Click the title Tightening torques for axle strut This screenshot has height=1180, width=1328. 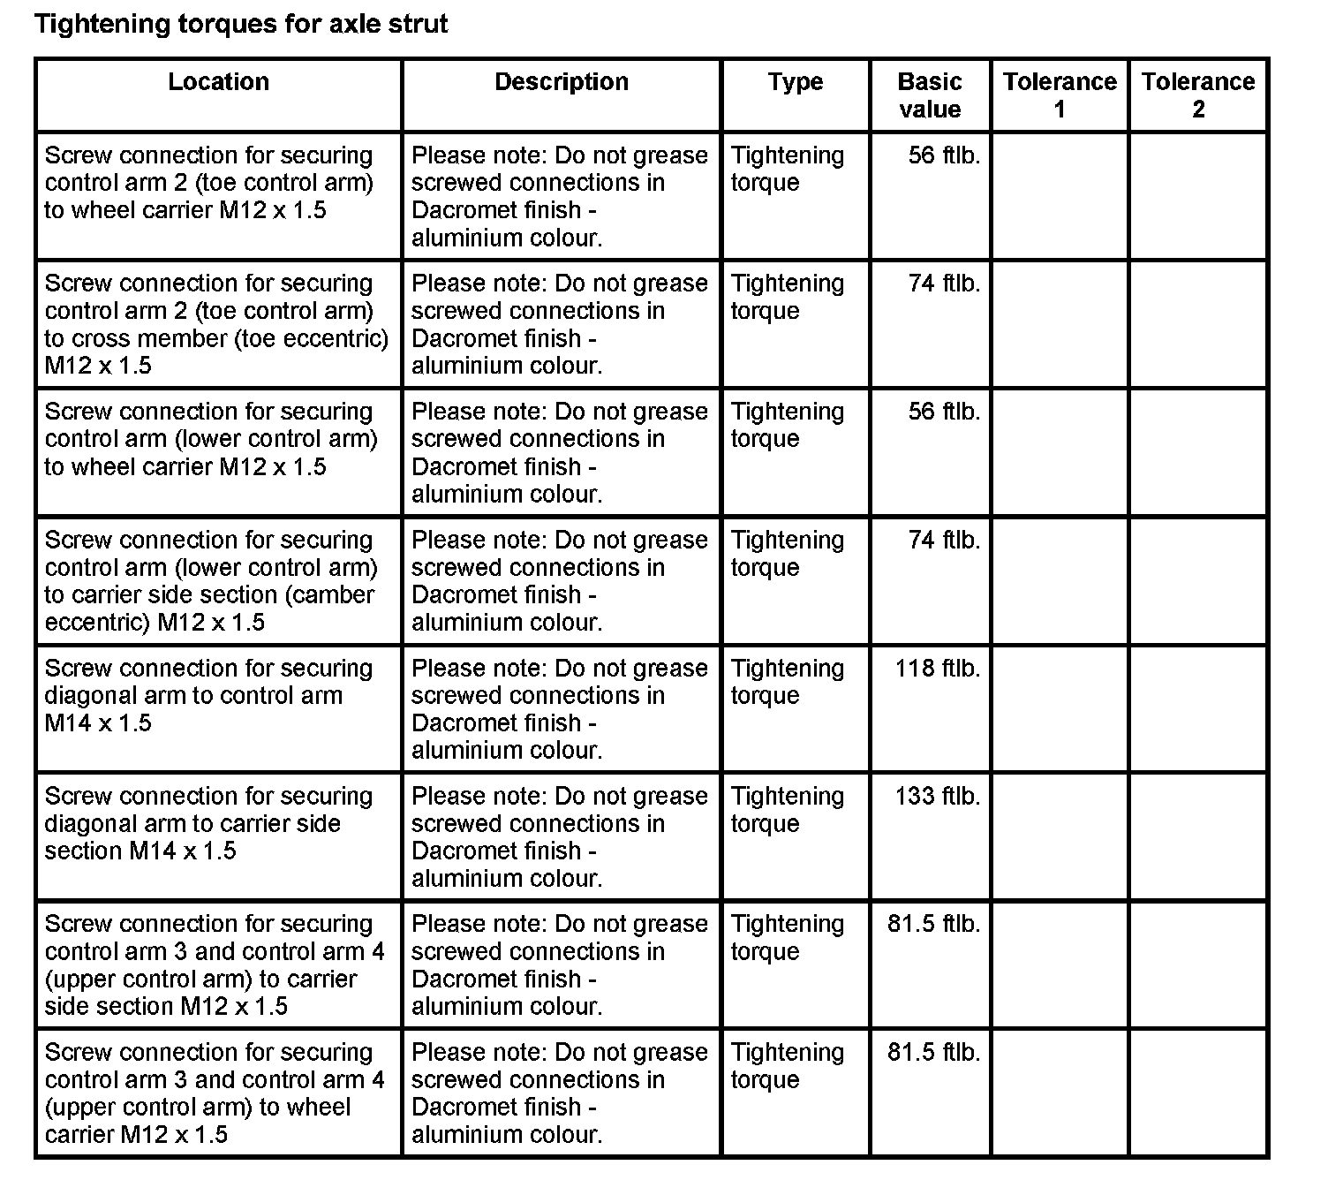click(x=241, y=24)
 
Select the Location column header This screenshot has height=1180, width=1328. click(x=218, y=82)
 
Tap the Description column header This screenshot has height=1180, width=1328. click(x=562, y=82)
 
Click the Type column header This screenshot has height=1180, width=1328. click(x=795, y=82)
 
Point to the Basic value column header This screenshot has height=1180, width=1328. click(x=929, y=95)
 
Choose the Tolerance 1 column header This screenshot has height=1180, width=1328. click(x=1060, y=95)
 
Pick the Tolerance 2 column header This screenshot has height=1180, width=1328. click(x=1198, y=95)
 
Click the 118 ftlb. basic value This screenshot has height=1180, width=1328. click(x=938, y=669)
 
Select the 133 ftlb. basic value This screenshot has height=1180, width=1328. click(x=938, y=797)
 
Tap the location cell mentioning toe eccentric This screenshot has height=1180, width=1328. click(x=216, y=324)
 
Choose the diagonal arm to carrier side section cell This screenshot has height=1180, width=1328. click(x=208, y=823)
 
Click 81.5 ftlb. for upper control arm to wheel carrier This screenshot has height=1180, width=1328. click(x=934, y=1053)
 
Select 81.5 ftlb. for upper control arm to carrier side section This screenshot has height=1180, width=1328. click(x=934, y=925)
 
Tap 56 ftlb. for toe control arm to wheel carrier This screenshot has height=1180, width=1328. click(x=944, y=156)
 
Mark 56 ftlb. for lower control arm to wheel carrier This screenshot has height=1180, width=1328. click(x=944, y=412)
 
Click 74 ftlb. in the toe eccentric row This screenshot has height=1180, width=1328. click(x=944, y=284)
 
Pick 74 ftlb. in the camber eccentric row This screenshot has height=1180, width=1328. click(x=944, y=541)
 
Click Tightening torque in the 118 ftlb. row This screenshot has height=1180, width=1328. click(x=788, y=682)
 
